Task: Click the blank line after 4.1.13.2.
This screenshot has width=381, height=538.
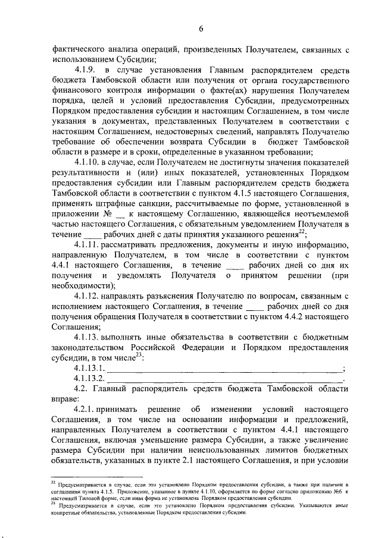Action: coord(226,380)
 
